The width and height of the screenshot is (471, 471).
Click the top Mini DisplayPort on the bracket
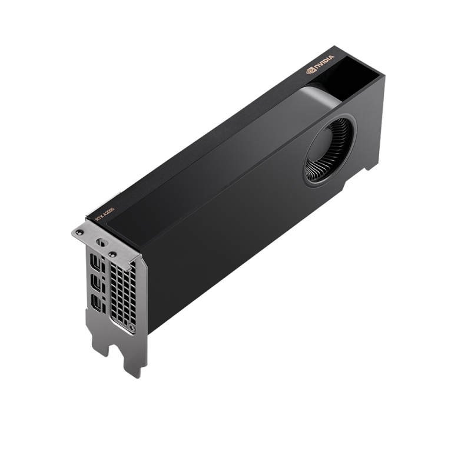coord(96,264)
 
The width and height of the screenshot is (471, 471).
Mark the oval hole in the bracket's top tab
coord(100,243)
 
